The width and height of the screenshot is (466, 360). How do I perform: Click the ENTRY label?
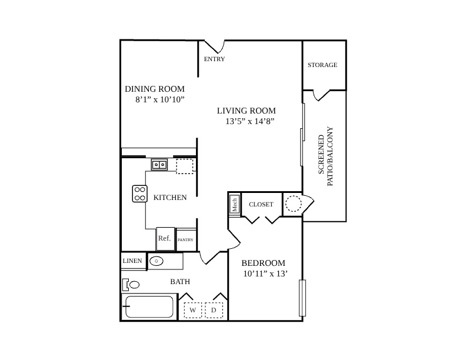tap(214, 59)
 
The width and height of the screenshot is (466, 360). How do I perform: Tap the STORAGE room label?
tap(322, 65)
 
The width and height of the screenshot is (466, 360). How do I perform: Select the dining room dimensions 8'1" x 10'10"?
tap(160, 99)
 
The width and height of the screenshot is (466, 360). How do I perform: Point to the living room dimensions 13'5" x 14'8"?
tap(249, 121)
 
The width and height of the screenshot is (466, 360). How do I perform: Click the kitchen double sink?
tap(159, 165)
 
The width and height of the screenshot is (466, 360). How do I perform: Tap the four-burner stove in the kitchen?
tap(139, 194)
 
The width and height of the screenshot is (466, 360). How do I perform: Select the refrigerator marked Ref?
tap(165, 239)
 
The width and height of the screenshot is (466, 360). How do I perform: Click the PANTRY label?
tap(185, 239)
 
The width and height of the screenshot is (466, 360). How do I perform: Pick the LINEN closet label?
tap(132, 261)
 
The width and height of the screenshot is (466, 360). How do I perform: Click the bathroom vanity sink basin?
tap(157, 261)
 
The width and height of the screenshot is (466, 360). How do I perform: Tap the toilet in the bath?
tap(131, 285)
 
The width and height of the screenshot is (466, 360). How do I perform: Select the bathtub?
tap(149, 307)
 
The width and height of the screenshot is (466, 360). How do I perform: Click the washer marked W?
tap(193, 310)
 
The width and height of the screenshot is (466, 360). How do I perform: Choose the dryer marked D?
tap(214, 310)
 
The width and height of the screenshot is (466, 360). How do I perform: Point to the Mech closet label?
tap(235, 205)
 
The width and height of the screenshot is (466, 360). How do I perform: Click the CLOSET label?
tap(261, 204)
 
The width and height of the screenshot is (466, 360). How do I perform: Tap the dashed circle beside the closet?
tap(294, 204)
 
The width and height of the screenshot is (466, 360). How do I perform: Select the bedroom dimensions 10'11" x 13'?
tap(265, 274)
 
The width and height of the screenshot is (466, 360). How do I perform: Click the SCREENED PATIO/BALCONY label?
tap(326, 156)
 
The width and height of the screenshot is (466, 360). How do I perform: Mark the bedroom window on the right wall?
tap(302, 298)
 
